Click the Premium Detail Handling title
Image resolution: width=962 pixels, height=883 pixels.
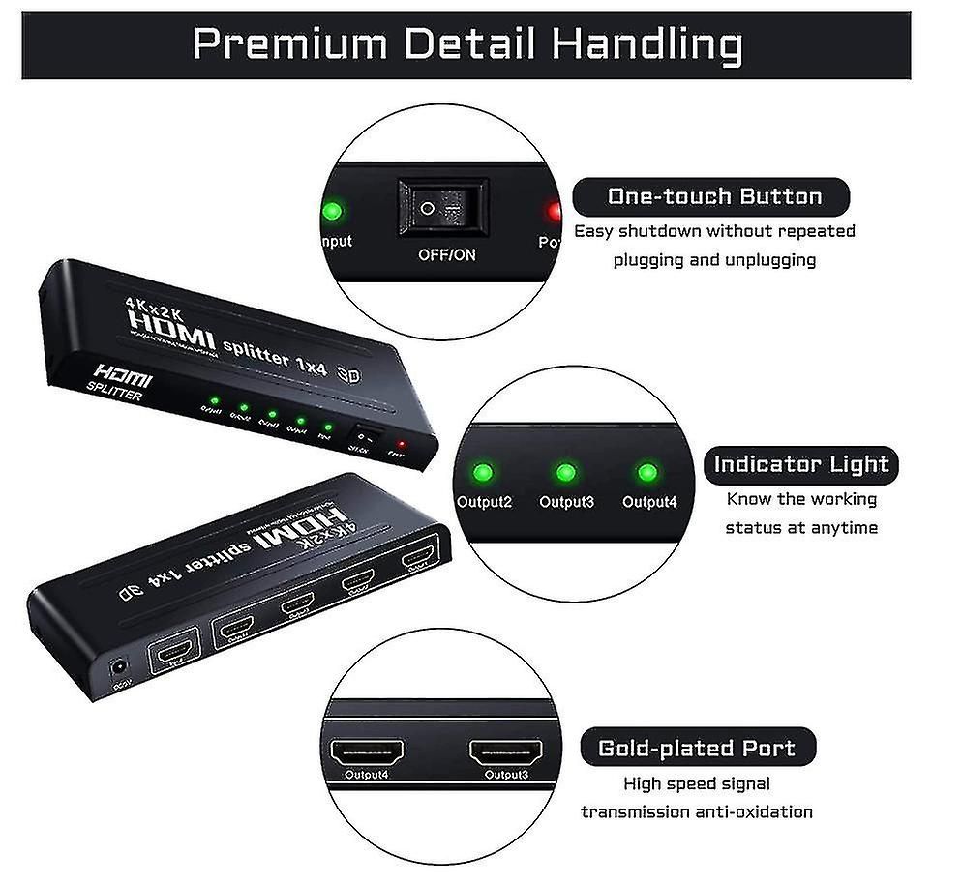pos(466,44)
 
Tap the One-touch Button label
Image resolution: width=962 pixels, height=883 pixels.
pos(714,196)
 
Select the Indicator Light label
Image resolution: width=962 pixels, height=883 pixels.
pos(801,464)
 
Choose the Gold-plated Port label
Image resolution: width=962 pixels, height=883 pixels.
pos(697,748)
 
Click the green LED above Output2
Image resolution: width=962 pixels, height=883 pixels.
pos(483,473)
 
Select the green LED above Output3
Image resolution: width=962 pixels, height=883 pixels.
pos(566,473)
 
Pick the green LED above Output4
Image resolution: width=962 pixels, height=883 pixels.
pos(647,473)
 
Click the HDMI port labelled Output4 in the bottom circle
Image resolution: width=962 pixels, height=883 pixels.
pos(368,751)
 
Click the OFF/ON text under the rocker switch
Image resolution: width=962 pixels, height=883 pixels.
pos(446,255)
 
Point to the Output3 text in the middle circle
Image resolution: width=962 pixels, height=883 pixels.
pos(566,501)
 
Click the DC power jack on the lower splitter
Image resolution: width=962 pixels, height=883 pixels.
pos(119,666)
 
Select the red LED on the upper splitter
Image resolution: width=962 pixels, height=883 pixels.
pos(401,445)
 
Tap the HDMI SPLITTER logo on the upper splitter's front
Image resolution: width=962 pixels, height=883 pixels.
pos(121,383)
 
